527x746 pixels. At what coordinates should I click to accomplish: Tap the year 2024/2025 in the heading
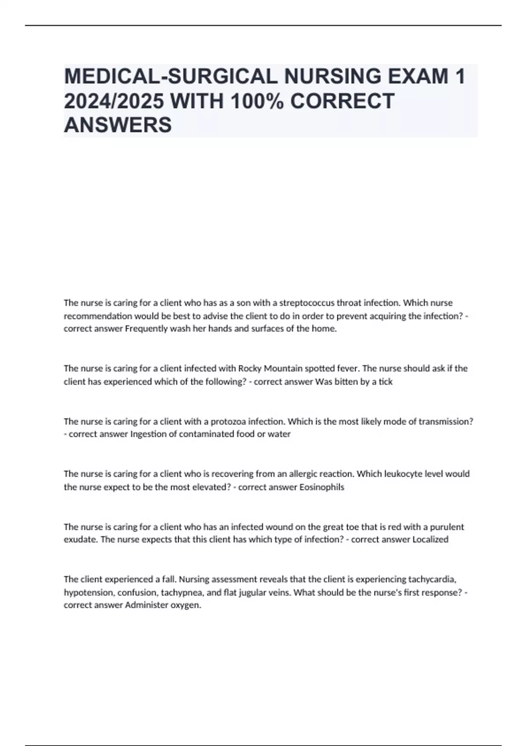click(x=114, y=101)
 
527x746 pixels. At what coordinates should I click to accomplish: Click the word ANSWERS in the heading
click(x=118, y=125)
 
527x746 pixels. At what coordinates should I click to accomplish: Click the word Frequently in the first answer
click(x=144, y=329)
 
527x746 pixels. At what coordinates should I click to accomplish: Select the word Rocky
click(x=249, y=368)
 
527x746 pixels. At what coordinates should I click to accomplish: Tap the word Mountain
click(x=282, y=368)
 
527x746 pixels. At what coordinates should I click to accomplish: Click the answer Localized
click(x=430, y=539)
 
